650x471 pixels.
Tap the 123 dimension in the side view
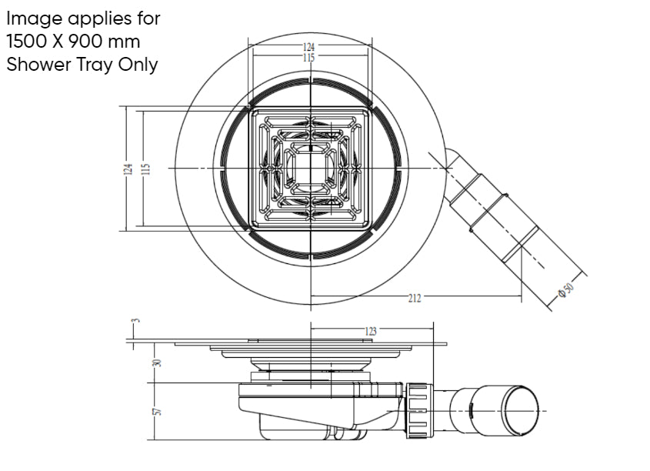(371, 332)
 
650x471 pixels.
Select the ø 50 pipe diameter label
(568, 289)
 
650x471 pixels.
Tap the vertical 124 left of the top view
(128, 169)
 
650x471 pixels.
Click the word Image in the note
(33, 17)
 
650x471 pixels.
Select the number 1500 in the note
(28, 41)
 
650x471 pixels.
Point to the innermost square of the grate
(310, 169)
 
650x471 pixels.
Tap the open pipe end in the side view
(521, 408)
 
